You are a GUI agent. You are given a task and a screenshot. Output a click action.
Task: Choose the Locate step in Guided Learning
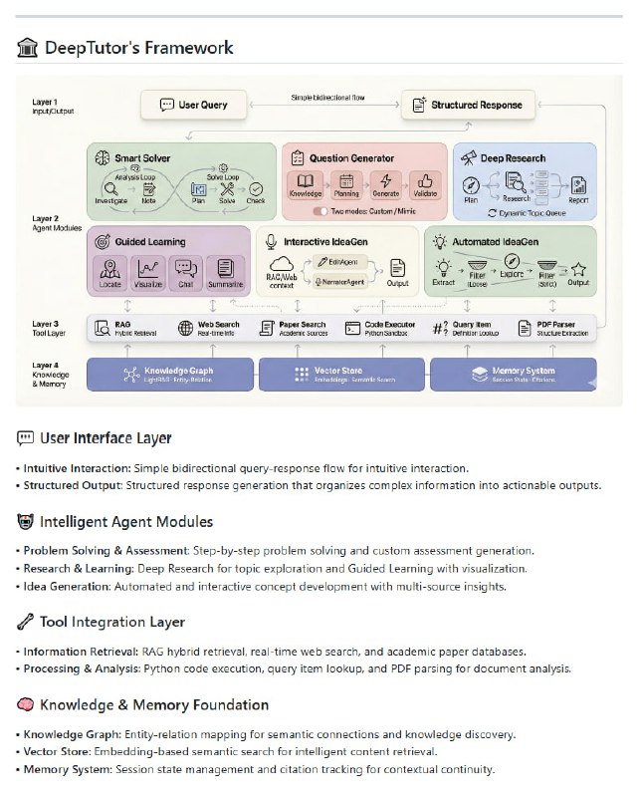[108, 271]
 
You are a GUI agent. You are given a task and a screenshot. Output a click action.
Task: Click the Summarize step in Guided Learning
[225, 271]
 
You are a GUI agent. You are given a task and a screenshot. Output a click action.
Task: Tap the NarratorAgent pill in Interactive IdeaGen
[344, 282]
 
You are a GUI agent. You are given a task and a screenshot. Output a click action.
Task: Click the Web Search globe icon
[185, 328]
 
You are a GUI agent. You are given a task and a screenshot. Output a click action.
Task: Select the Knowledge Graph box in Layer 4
[170, 375]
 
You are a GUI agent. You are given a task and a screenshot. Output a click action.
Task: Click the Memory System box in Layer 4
[512, 375]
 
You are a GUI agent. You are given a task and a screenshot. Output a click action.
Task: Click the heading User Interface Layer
[106, 437]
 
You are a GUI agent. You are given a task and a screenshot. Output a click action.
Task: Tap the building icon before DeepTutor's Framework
[27, 47]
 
